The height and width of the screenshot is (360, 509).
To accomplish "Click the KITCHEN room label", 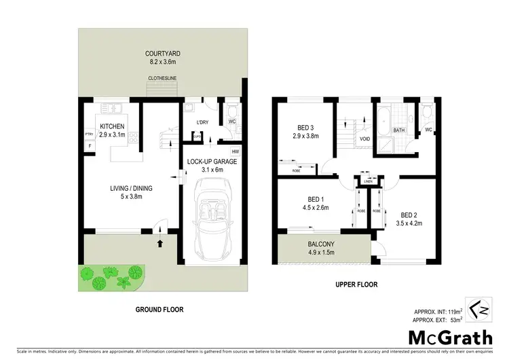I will coord(112,126).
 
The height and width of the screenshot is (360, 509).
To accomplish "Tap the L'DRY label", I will coord(202,122).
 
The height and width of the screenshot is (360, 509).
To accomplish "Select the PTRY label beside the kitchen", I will coord(88,134).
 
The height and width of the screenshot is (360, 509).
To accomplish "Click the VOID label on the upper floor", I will coord(364,139).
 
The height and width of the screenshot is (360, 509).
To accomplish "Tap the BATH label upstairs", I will coord(400,130).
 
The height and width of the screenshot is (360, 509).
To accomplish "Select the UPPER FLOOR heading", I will coord(356,285).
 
